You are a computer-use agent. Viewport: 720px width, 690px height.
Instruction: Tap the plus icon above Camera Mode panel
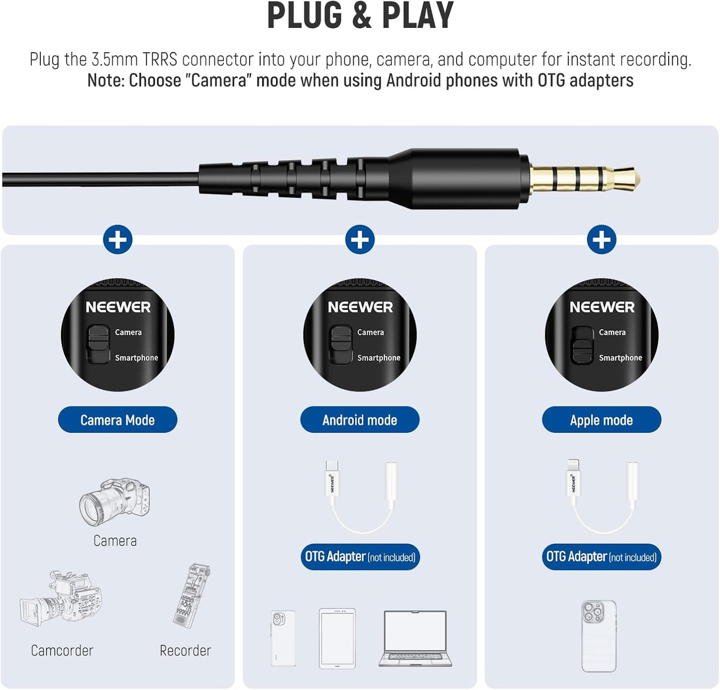118,240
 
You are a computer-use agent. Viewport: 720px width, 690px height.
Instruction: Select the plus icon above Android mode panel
360,240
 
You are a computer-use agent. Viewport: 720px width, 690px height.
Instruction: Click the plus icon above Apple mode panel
601,240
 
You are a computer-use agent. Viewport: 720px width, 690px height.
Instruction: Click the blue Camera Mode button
118,419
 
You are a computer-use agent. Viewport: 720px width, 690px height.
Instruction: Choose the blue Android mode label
360,419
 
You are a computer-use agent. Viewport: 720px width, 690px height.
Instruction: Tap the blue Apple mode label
601,419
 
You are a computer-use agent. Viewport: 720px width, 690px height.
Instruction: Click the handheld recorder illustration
192,595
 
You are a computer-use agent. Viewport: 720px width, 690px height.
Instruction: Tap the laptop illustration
415,639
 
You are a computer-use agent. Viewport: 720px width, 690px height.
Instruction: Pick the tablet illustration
337,639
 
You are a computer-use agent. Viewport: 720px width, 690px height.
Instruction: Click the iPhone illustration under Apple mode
598,636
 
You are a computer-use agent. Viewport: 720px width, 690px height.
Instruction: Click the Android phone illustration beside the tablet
283,638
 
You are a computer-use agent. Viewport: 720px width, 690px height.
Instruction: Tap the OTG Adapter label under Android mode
360,557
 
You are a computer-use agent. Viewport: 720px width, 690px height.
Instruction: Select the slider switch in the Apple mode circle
582,345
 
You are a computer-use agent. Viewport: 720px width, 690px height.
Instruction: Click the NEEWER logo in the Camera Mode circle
118,307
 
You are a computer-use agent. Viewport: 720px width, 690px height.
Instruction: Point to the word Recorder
185,651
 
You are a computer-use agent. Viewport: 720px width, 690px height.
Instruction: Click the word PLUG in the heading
304,16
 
